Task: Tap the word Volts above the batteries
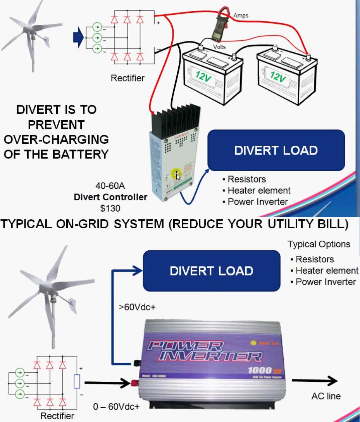coord(219,47)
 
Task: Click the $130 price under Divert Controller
coord(110,208)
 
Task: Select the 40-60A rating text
coord(110,186)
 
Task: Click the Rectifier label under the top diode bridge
coord(127,78)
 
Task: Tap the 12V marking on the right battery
coord(278,76)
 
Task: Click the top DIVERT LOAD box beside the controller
coord(276,150)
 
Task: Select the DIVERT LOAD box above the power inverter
coord(212,270)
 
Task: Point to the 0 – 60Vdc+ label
coord(116,407)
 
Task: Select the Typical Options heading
coord(319,245)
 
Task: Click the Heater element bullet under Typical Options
coord(327,270)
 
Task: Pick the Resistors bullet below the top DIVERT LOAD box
coord(246,179)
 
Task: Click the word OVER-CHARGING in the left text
coord(56,139)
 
